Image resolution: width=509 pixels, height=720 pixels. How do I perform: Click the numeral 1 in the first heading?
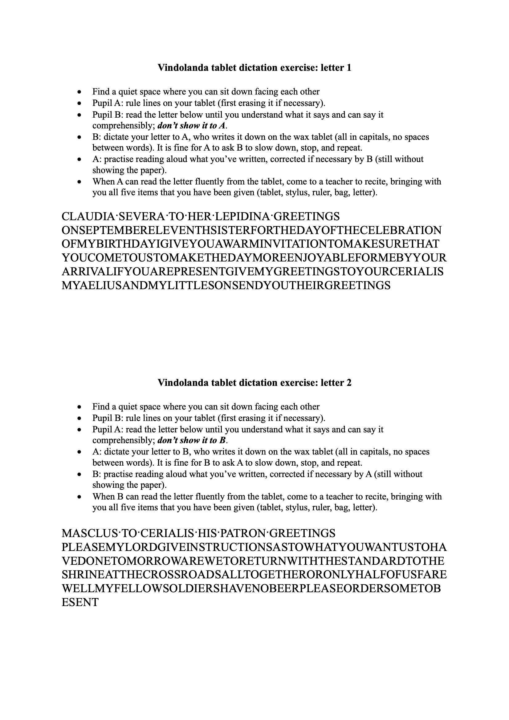click(349, 68)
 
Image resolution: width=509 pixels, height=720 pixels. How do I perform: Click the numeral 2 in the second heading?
click(349, 382)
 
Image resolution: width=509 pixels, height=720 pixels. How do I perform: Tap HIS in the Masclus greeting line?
click(206, 533)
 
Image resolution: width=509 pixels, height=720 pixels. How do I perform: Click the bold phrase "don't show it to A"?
click(191, 126)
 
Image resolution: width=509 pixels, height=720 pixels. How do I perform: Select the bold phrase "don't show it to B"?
click(191, 441)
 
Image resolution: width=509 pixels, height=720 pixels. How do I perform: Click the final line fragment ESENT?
click(80, 602)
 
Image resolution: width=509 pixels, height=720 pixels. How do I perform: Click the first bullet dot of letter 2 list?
click(80, 407)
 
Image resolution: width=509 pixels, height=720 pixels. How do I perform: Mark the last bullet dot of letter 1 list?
click(80, 182)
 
